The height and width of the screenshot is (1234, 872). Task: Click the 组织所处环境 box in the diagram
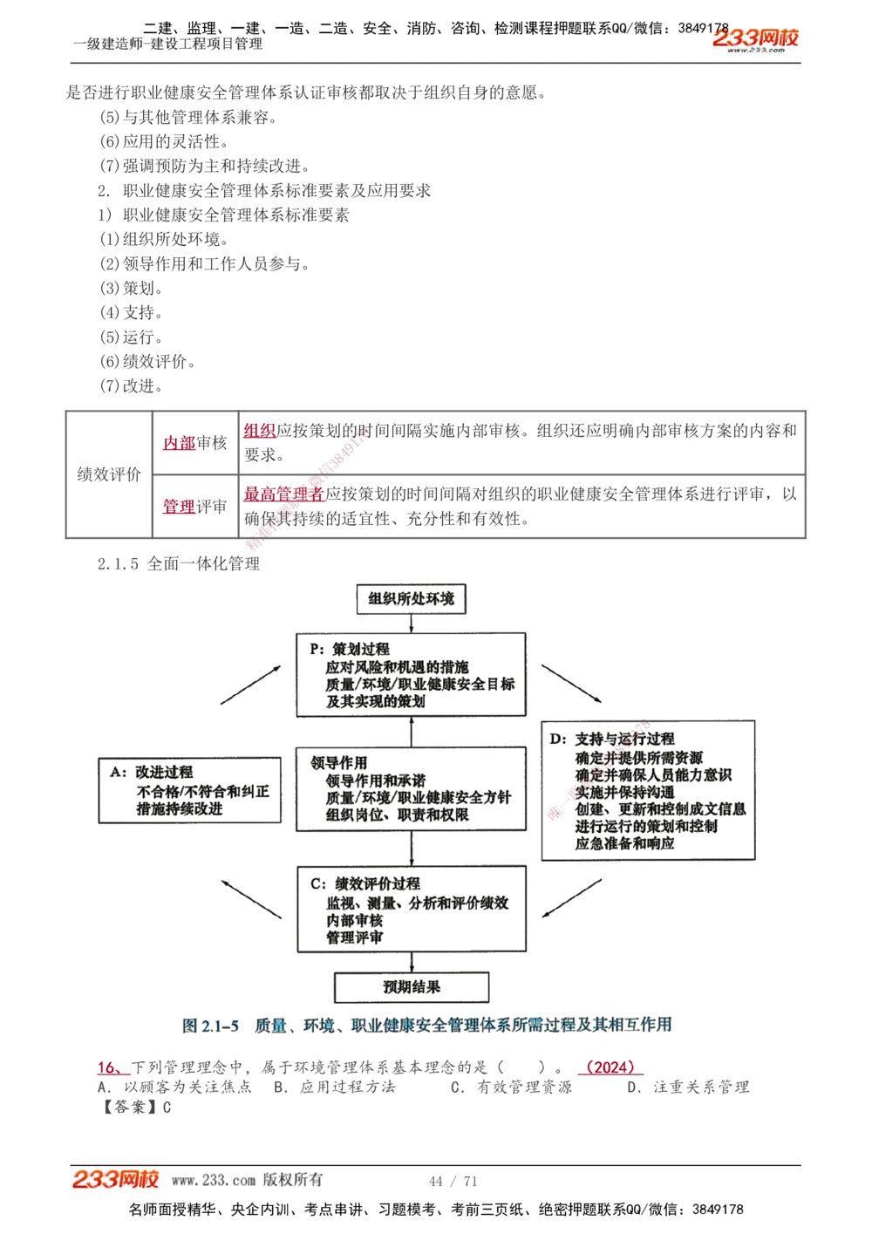click(411, 599)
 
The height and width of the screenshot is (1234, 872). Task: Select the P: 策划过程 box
click(411, 675)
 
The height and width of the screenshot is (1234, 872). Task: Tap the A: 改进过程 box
click(190, 790)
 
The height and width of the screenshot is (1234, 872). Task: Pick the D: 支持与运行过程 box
click(648, 790)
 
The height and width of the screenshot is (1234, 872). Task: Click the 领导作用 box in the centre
click(411, 788)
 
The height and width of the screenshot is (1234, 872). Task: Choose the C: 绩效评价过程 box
click(411, 909)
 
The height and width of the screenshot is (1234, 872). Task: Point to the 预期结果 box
click(411, 987)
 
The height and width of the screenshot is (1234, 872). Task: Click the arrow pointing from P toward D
click(571, 683)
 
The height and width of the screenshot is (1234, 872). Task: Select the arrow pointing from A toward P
click(250, 685)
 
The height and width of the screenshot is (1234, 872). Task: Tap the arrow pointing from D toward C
click(572, 897)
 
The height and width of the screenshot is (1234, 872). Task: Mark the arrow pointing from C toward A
click(251, 898)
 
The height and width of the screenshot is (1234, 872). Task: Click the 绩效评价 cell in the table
click(109, 474)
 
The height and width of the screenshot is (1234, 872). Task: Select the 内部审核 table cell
click(195, 443)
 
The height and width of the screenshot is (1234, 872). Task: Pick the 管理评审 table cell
click(195, 507)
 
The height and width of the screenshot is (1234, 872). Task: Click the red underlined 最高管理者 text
click(283, 494)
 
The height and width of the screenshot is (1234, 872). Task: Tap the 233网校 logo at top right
click(755, 38)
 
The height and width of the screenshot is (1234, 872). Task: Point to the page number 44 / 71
click(453, 1181)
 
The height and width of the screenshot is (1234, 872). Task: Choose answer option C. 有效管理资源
click(512, 1087)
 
